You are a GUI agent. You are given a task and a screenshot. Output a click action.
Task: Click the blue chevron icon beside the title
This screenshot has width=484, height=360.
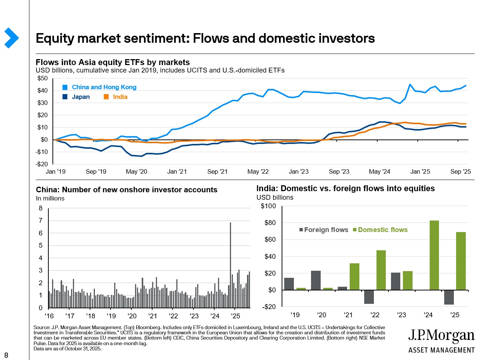click(12, 38)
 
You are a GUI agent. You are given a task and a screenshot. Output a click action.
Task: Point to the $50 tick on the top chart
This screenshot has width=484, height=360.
click(42, 78)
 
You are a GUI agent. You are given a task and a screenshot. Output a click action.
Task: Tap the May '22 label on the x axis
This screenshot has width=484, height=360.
click(258, 171)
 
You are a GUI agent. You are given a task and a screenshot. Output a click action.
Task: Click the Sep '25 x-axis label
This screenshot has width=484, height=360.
click(460, 171)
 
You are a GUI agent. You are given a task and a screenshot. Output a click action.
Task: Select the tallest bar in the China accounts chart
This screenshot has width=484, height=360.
click(230, 265)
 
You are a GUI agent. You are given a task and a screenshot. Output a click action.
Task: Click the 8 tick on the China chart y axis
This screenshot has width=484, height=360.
click(41, 208)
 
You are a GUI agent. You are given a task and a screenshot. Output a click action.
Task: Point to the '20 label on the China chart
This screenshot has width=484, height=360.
click(132, 316)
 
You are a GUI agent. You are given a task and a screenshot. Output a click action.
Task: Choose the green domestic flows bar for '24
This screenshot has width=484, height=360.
click(434, 255)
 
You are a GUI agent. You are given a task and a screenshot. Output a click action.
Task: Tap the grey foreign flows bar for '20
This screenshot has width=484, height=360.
click(316, 280)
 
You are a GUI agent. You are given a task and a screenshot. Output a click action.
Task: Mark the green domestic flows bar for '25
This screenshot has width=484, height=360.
click(461, 261)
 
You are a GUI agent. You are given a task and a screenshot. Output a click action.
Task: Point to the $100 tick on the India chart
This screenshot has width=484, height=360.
click(268, 206)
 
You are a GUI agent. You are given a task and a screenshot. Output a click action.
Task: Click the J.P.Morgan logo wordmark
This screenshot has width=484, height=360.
click(441, 336)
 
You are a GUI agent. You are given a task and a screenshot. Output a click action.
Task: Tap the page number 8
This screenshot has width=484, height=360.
click(6, 355)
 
